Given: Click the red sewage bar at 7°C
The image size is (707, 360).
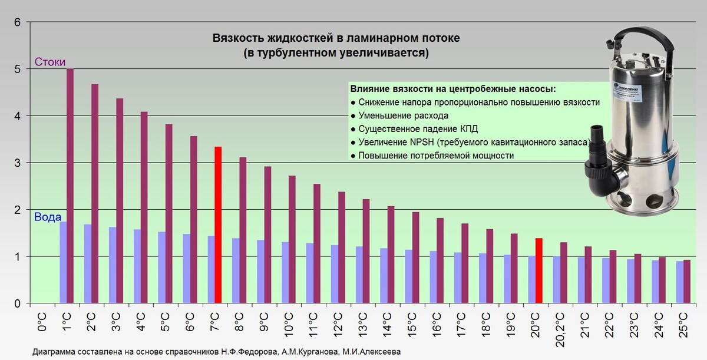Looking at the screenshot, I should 217,224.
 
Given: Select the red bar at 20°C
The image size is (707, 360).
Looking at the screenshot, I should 538,270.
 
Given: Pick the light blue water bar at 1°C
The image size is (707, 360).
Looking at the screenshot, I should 62,262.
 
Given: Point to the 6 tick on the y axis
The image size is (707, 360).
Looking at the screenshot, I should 17,22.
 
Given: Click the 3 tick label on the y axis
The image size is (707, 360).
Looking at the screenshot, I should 17,163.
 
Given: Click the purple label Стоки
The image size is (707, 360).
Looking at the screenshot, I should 49,62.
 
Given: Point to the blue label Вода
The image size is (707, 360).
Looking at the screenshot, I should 48,217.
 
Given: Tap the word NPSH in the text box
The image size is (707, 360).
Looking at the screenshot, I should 419,142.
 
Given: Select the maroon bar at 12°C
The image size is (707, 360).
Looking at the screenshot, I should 341,247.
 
